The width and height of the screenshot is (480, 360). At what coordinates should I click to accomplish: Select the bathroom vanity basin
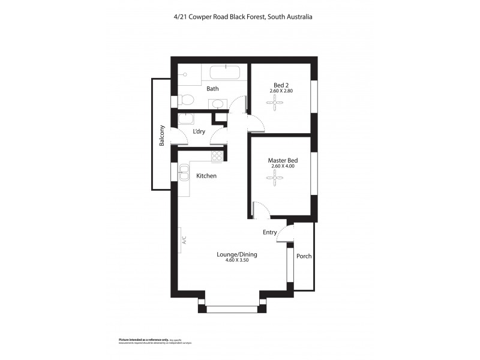click(x=218, y=104)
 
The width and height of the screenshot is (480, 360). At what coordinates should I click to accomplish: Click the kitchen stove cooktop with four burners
click(x=217, y=155)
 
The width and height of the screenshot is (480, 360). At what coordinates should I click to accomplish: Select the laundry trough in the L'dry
click(x=185, y=119)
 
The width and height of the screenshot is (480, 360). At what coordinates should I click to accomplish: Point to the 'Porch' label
click(x=304, y=256)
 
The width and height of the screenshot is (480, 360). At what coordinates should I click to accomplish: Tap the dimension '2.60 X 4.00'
click(x=282, y=166)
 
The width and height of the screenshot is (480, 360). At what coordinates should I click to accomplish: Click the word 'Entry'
click(x=270, y=232)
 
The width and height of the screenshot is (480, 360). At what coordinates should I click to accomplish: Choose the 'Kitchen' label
click(x=206, y=176)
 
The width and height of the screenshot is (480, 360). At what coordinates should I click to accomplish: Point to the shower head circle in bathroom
click(x=185, y=75)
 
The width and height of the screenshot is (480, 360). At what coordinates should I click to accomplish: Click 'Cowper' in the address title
click(x=205, y=17)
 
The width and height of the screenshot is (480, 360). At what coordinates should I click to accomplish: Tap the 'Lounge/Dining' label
click(x=236, y=254)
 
